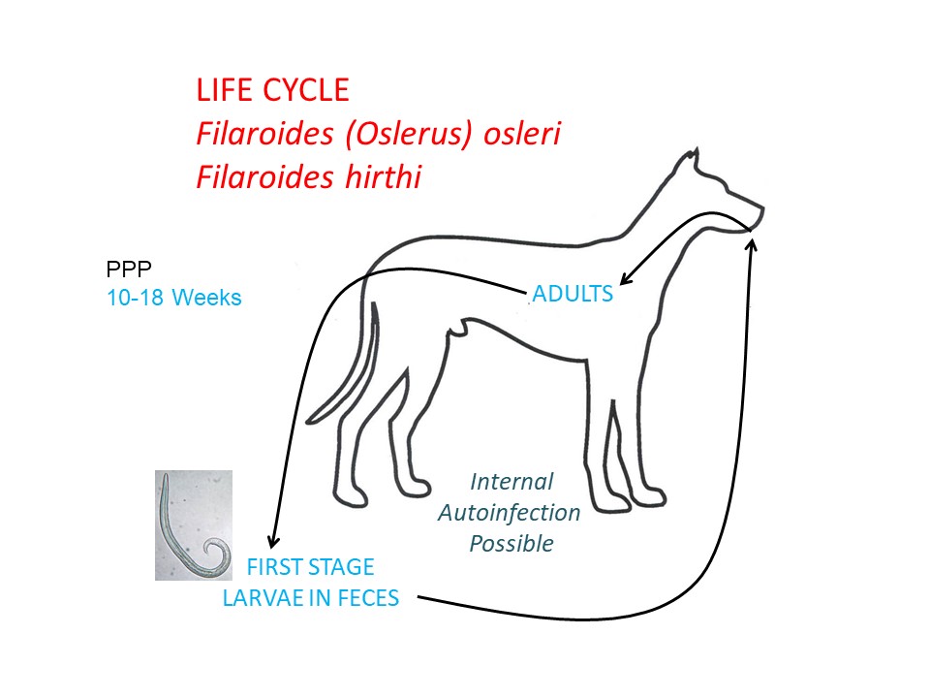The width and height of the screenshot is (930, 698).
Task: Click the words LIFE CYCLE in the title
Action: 272,90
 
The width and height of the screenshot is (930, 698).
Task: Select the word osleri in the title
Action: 522,133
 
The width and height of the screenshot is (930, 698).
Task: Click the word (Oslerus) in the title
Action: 409,134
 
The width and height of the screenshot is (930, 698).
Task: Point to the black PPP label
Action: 129,270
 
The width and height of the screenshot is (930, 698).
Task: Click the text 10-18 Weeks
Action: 173,298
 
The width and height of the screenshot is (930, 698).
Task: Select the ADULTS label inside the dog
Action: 573,294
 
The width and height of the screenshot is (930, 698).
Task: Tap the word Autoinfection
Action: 509,513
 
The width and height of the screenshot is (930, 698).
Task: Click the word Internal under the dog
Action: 511,482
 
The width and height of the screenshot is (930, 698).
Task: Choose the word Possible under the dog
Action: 511,544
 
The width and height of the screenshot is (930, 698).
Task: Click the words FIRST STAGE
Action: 310,567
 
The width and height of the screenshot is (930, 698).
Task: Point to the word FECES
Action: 368,598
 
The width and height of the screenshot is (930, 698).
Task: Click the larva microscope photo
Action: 194,525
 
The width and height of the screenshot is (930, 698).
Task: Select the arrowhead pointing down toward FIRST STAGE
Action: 272,541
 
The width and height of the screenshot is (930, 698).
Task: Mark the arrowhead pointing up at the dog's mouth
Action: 752,244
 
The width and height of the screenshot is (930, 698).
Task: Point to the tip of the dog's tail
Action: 308,422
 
